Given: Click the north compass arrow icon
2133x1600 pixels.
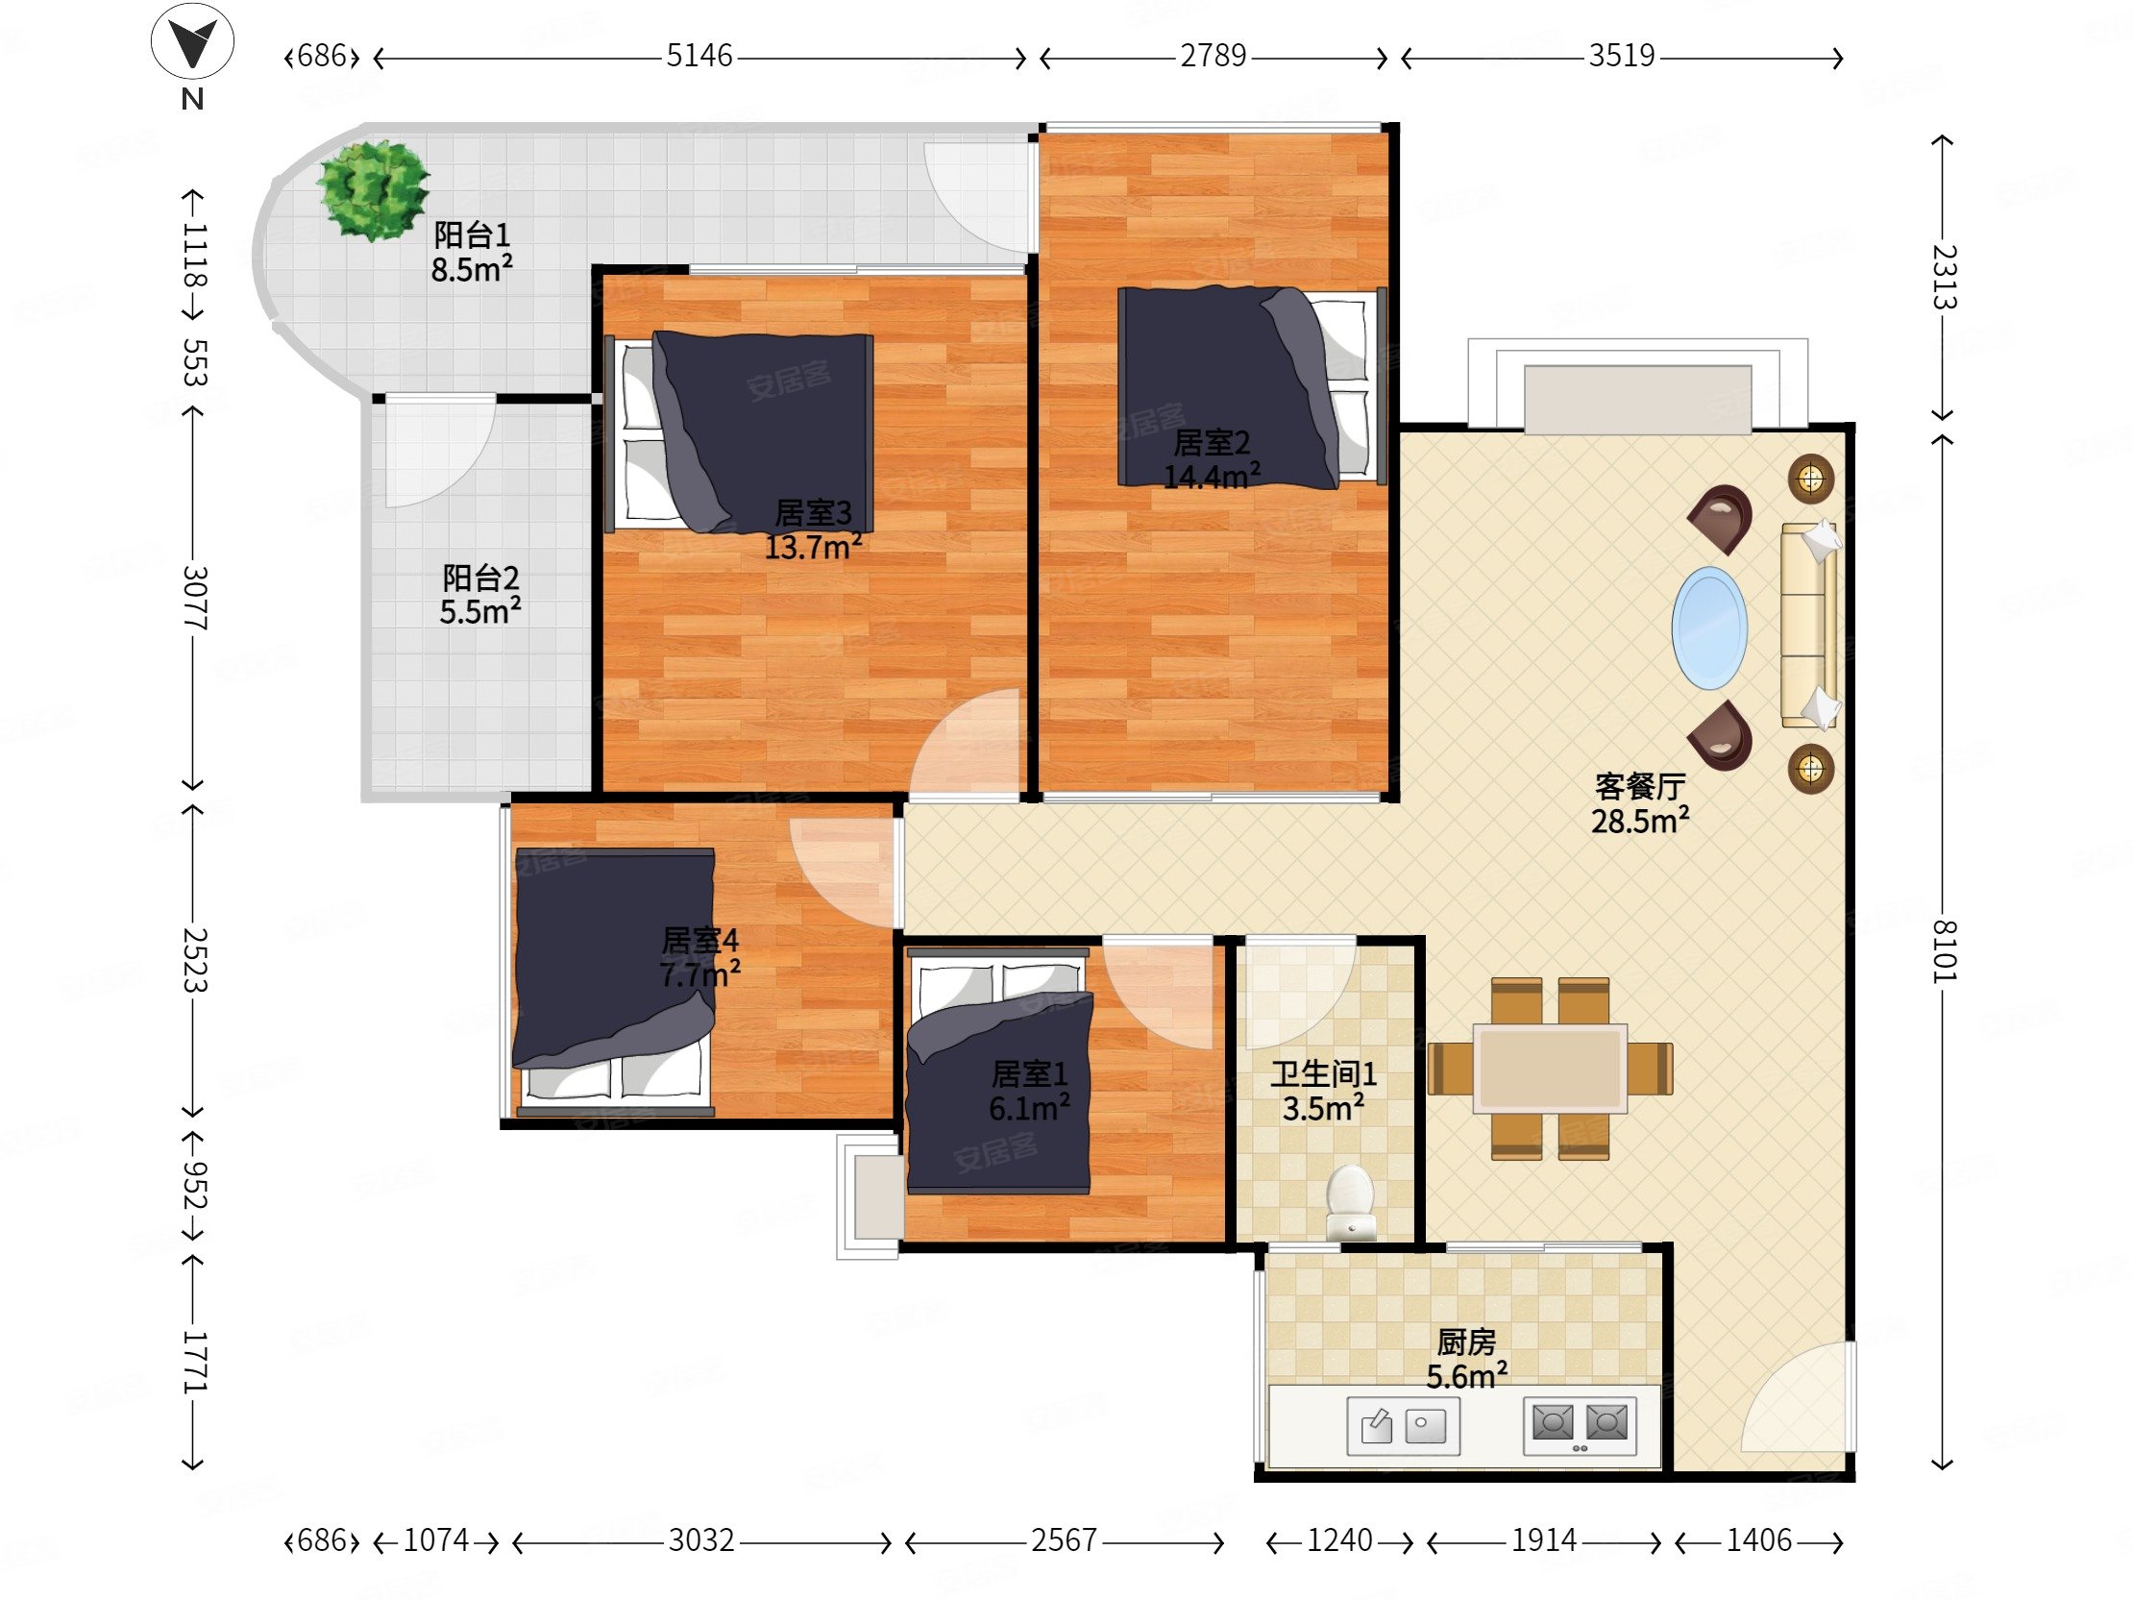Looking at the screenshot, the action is [x=192, y=41].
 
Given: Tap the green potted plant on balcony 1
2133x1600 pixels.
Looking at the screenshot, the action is [x=373, y=190].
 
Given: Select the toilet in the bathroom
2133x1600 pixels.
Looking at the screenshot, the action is [x=1350, y=1202].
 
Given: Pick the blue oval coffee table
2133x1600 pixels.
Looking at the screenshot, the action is [x=1708, y=628].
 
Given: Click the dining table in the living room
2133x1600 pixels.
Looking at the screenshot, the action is [x=1551, y=1068].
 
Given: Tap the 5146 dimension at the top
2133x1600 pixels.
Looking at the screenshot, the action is [x=699, y=56].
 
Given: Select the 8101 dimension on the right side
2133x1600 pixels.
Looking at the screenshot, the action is [x=1944, y=951].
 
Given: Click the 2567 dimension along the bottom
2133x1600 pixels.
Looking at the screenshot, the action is [x=1064, y=1540].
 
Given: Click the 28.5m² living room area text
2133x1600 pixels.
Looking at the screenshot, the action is [x=1640, y=821].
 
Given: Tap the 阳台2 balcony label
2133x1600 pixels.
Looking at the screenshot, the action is [x=480, y=578].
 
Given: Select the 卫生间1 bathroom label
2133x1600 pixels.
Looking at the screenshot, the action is [x=1323, y=1073].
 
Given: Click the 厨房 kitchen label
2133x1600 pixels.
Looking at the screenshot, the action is [x=1465, y=1342].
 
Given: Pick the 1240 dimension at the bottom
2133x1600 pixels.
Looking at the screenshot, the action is [x=1339, y=1540].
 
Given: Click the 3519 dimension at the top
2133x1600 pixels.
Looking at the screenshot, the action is [x=1622, y=56].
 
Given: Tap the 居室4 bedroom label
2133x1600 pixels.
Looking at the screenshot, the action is [x=700, y=940].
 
